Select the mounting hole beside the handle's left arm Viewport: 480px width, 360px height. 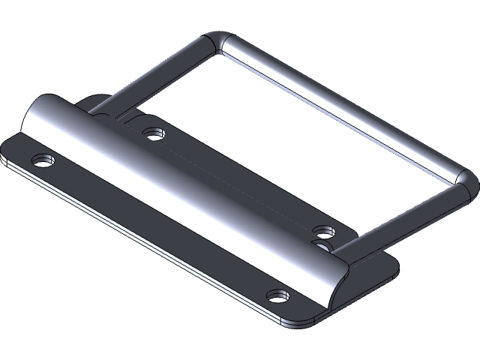click(154, 133)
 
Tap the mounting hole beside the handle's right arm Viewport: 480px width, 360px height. click(324, 230)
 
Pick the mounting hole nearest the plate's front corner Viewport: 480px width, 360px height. click(279, 295)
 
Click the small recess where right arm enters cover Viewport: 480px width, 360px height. click(324, 244)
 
